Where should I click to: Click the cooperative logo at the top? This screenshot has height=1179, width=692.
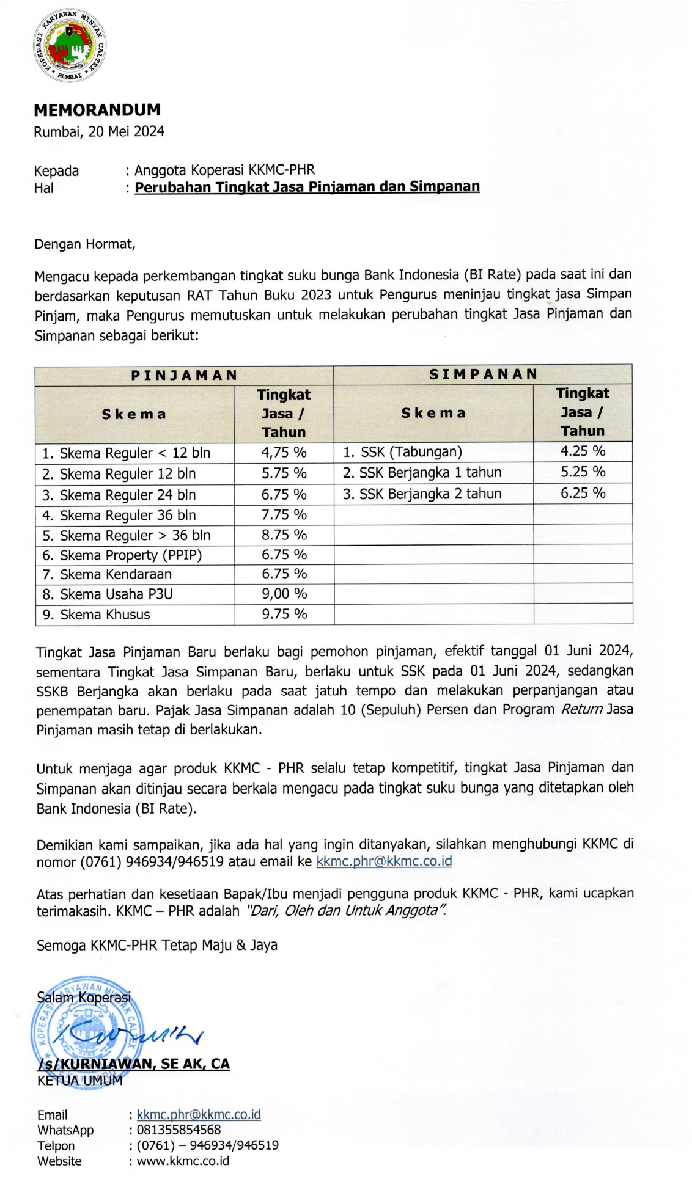[x=70, y=46]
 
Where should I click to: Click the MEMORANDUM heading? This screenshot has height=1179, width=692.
[x=97, y=110]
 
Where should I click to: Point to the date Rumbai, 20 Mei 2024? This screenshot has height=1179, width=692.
[x=99, y=131]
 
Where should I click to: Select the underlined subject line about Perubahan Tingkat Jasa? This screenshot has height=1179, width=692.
[x=307, y=187]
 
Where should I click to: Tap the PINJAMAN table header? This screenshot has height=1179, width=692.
[x=184, y=375]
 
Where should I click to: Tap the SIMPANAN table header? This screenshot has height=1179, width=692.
[x=483, y=374]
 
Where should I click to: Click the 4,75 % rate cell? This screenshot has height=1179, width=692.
[x=284, y=453]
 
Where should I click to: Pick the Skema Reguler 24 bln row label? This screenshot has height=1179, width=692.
[x=127, y=495]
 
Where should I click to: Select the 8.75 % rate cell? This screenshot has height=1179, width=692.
[x=284, y=535]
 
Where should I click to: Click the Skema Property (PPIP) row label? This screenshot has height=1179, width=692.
[x=131, y=555]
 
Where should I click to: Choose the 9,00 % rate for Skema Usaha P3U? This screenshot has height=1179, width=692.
[x=284, y=594]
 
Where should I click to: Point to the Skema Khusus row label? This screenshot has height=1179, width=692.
[x=105, y=615]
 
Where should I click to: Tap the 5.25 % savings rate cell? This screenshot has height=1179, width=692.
[x=583, y=472]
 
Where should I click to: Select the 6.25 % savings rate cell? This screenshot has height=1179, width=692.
[x=583, y=493]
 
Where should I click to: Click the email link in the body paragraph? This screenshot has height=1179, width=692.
[x=384, y=861]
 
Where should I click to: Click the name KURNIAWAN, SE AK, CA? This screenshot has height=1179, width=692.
[x=133, y=1064]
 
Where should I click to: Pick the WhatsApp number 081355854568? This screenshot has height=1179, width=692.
[x=179, y=1130]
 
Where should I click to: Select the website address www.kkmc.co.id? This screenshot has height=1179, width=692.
[x=183, y=1161]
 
